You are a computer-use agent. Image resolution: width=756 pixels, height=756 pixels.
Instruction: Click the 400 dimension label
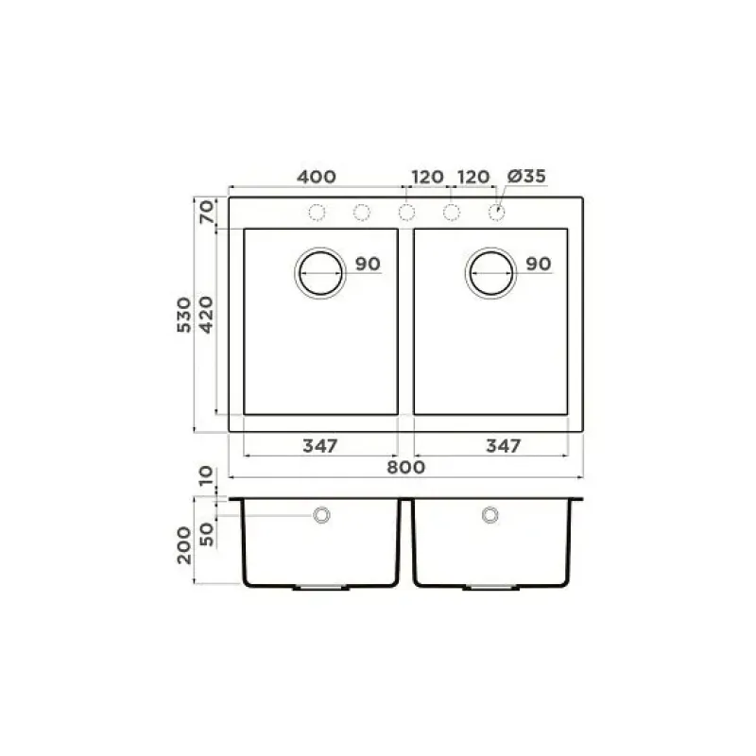pos(317,177)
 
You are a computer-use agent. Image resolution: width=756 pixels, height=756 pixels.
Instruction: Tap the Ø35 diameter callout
pos(526,176)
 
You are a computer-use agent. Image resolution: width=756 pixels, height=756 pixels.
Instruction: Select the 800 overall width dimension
pos(406,467)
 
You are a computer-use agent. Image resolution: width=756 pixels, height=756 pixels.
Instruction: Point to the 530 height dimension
pos(184,315)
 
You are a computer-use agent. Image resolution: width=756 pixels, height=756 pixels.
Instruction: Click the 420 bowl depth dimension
pos(206,315)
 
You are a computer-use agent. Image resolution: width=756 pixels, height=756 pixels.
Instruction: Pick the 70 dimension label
pos(206,212)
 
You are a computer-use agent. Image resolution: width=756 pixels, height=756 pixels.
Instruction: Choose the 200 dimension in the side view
pos(184,545)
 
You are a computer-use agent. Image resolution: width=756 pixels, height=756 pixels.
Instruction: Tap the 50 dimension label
pos(206,534)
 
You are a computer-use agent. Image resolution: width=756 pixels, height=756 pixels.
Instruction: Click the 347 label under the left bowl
pos(320,446)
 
